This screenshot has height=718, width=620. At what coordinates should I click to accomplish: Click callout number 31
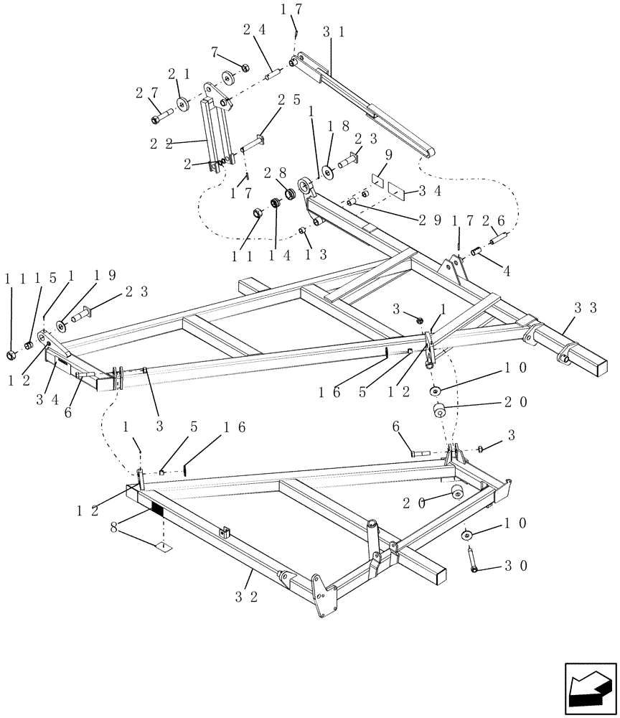pyautogui.click(x=332, y=33)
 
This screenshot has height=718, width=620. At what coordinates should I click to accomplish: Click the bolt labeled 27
pyautogui.click(x=164, y=112)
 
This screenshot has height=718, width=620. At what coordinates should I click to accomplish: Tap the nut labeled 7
pyautogui.click(x=244, y=68)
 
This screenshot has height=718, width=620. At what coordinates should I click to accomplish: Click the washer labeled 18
pyautogui.click(x=329, y=172)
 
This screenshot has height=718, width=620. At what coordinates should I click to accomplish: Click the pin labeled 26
pyautogui.click(x=500, y=238)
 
